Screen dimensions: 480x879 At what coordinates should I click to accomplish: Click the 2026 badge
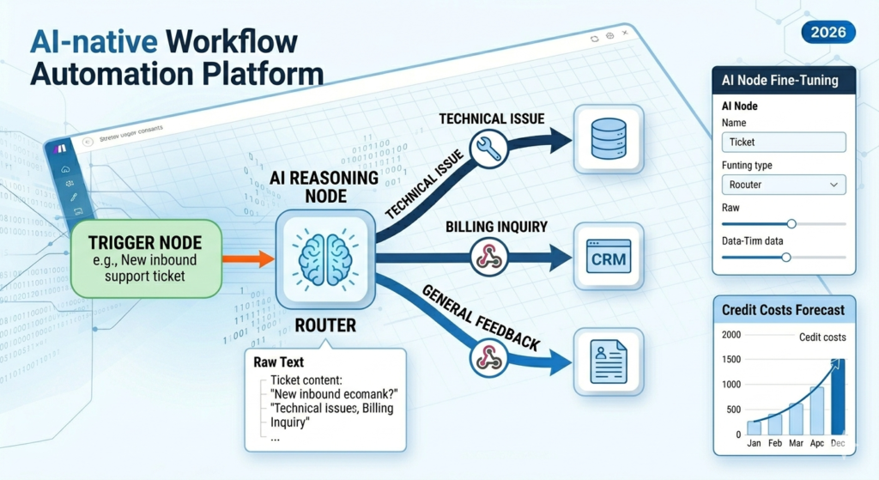(827, 33)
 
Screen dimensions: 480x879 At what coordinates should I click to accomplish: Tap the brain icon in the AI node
(323, 257)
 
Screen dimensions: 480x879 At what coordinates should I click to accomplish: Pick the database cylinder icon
(608, 137)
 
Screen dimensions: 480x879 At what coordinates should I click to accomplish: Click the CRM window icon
(608, 256)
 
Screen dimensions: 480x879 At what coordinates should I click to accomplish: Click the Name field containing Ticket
(784, 143)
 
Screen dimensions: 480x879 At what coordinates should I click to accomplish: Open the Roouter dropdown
(784, 185)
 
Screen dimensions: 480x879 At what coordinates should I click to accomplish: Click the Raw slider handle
(791, 223)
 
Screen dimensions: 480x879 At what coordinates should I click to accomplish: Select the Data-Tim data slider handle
(785, 257)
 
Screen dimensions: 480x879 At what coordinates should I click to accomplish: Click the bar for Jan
(754, 428)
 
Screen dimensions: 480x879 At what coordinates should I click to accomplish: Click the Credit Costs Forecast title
(783, 310)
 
